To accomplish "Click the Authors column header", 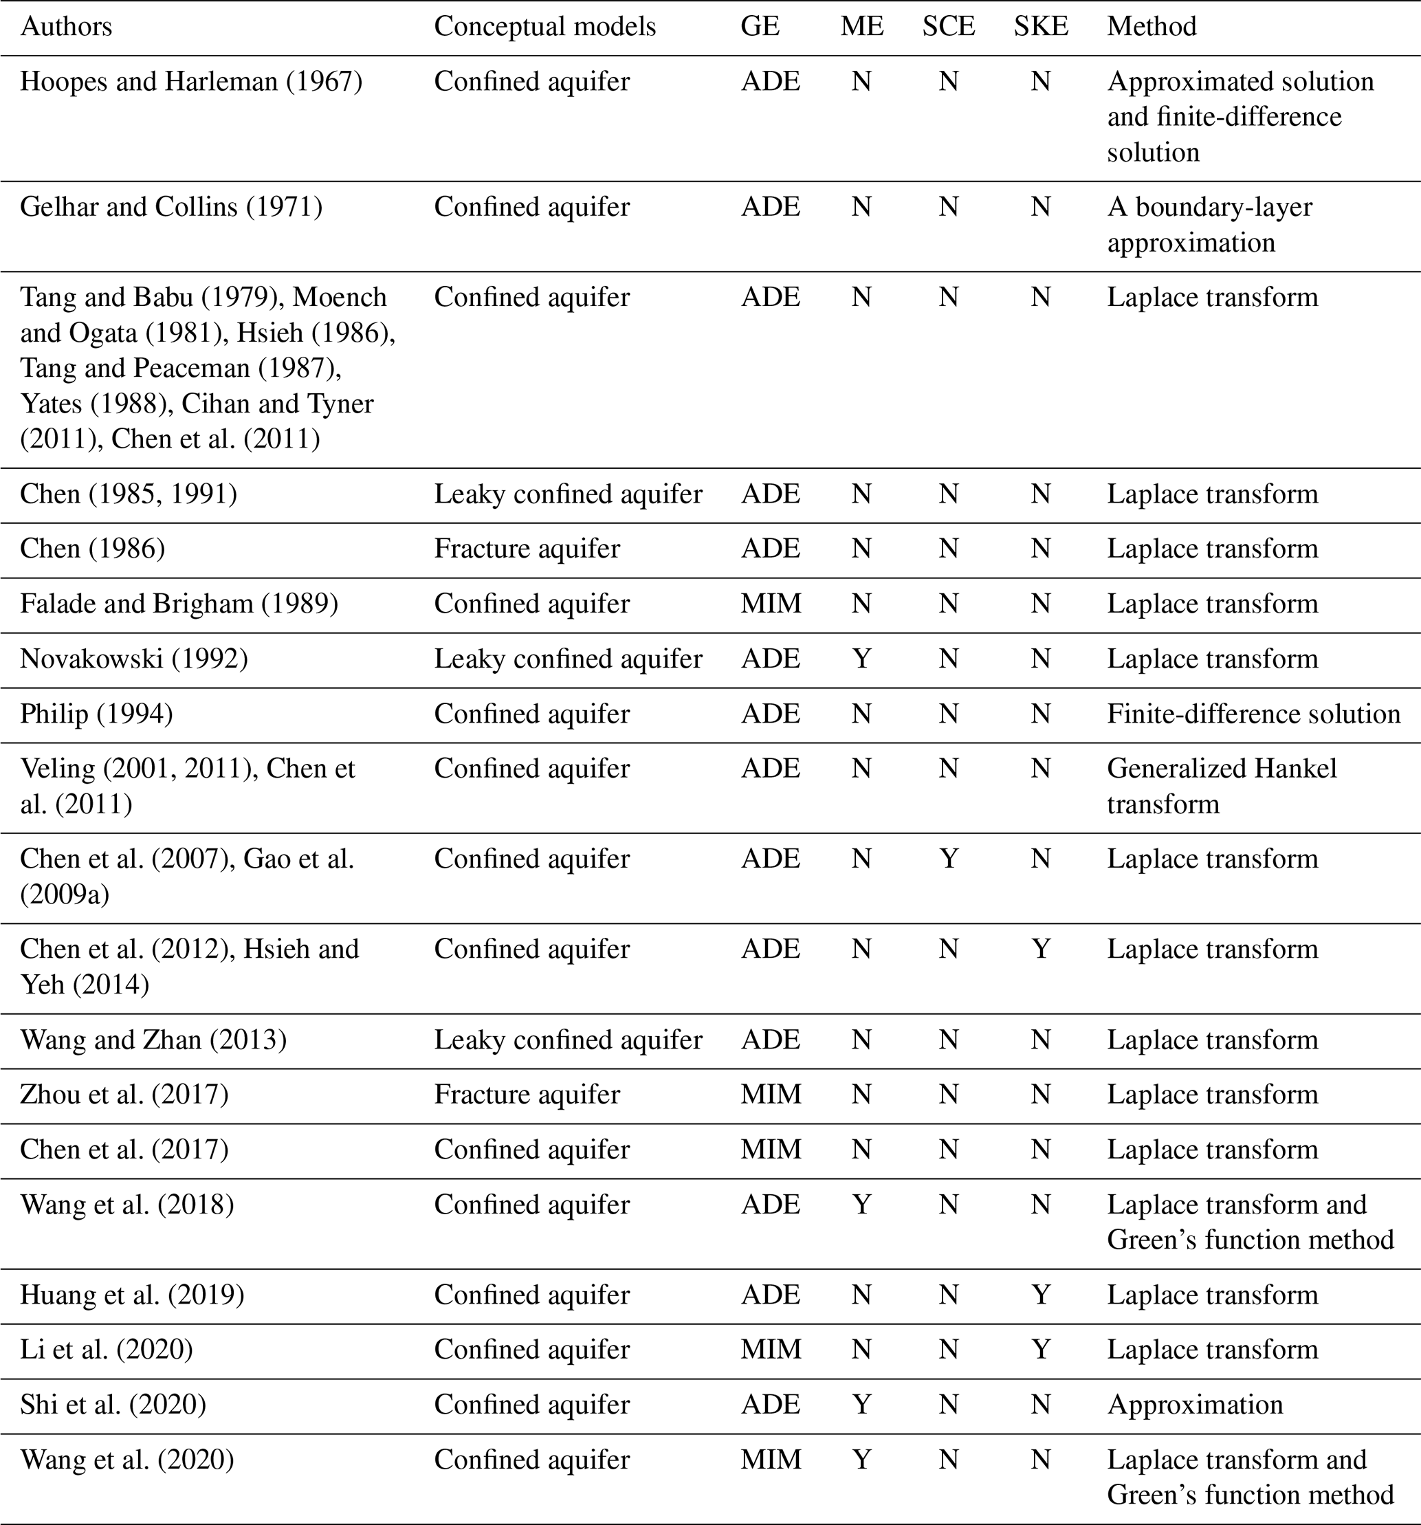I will click(66, 27).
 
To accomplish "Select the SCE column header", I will click(949, 27).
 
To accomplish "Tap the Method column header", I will click(1152, 27).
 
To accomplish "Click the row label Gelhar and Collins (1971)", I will click(171, 207).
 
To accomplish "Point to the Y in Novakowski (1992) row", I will click(861, 659).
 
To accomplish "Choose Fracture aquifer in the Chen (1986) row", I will click(527, 549).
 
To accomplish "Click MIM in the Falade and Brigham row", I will click(771, 604).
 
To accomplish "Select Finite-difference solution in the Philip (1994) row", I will click(1254, 714).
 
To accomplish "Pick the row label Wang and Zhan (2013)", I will click(153, 1040).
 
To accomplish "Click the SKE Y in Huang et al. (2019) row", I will click(1041, 1295).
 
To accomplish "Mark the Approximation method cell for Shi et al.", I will click(1195, 1405).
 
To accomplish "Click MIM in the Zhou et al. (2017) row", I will click(771, 1095).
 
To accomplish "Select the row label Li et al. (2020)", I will click(107, 1350).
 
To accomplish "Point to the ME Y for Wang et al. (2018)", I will click(861, 1205).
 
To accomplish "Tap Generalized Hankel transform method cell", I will click(1222, 787).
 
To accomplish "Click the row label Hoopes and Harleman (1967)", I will click(191, 81).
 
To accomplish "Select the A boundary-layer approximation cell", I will click(1209, 225).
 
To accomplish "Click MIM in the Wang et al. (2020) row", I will click(771, 1460).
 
